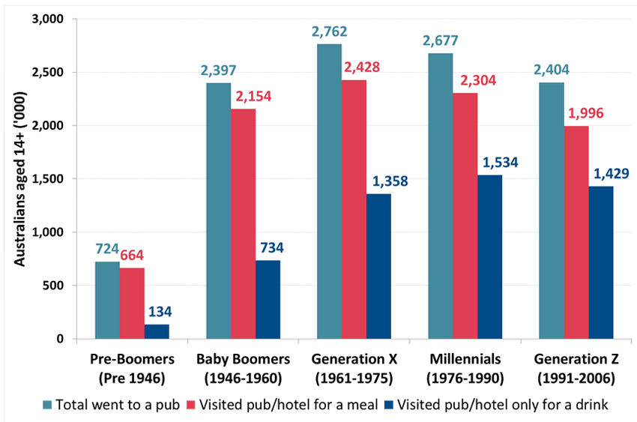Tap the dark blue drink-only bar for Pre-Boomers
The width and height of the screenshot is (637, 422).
click(x=157, y=331)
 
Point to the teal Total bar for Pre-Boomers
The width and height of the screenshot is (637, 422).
click(x=107, y=300)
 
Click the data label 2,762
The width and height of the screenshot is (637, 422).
click(x=328, y=32)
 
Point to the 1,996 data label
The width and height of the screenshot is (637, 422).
click(x=575, y=113)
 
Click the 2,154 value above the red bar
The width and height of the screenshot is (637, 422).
click(x=242, y=96)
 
